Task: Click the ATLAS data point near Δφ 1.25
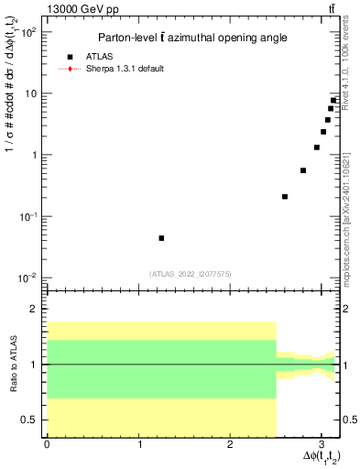pos(161,238)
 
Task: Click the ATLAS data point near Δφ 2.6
pos(285,196)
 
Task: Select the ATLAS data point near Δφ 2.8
pos(303,170)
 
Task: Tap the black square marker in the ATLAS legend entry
pos(82,56)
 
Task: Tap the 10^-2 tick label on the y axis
pos(27,278)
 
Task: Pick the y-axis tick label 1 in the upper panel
pos(33,155)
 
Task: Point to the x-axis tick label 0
pos(47,444)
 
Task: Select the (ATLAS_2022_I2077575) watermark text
pos(191,273)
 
